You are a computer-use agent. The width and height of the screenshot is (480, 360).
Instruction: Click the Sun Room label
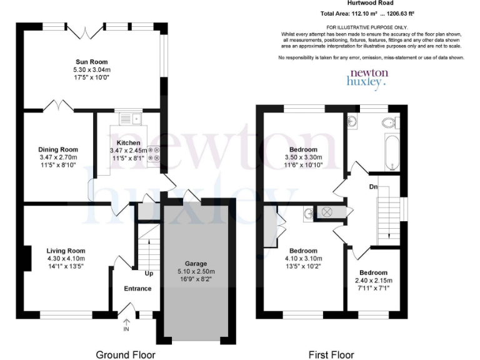click(x=92, y=62)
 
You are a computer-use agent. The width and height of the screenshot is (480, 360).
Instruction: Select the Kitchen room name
click(x=128, y=143)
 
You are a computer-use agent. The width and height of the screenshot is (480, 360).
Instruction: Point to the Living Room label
click(x=66, y=251)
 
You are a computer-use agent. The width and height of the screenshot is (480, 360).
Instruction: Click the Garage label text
click(x=196, y=263)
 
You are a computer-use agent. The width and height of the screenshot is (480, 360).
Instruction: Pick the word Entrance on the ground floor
click(x=137, y=288)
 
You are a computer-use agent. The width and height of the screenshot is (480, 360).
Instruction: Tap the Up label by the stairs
click(x=149, y=274)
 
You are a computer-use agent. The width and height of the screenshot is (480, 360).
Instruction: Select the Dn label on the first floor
click(x=372, y=186)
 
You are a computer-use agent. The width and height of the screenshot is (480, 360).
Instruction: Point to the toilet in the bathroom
click(x=389, y=121)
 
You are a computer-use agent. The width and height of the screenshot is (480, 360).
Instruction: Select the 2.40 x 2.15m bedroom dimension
click(x=372, y=281)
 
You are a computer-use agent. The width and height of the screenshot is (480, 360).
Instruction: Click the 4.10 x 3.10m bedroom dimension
click(x=302, y=258)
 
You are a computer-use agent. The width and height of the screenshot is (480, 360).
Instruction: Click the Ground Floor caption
click(x=125, y=354)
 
